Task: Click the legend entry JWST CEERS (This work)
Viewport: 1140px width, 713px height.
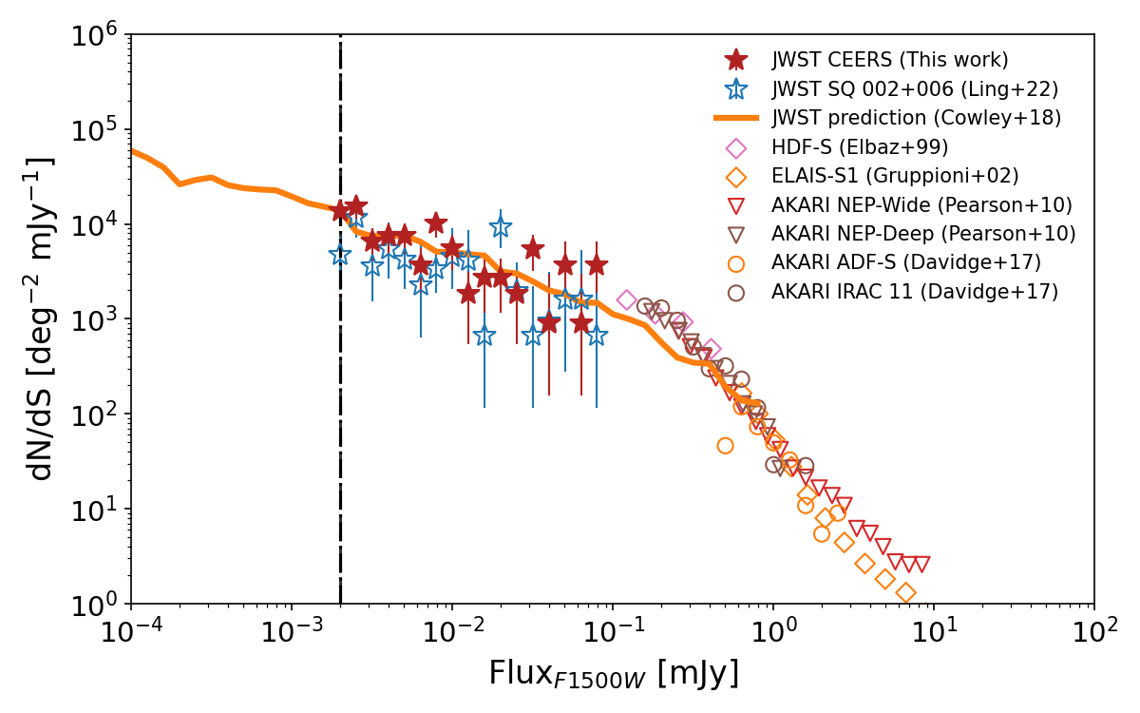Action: click(889, 60)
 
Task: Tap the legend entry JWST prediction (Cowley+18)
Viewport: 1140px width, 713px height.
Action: click(916, 119)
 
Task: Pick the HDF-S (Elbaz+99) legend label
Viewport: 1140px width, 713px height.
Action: click(860, 147)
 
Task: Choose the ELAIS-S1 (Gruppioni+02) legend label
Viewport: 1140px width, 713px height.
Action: click(895, 176)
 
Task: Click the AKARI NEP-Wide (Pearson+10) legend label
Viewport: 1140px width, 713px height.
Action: click(921, 205)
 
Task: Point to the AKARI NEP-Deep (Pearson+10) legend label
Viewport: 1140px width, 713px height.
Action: click(923, 234)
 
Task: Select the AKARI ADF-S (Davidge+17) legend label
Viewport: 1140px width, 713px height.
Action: click(906, 262)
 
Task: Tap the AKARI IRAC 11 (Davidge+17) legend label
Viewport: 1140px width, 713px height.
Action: click(915, 292)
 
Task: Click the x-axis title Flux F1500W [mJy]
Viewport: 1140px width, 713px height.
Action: click(613, 673)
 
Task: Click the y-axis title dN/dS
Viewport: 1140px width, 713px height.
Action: click(41, 318)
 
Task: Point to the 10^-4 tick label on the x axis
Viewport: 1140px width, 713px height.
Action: click(131, 630)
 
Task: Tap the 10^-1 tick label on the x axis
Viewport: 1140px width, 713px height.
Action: click(612, 630)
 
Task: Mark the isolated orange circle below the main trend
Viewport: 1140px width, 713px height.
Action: click(725, 446)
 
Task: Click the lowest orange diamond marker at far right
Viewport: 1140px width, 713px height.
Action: click(905, 593)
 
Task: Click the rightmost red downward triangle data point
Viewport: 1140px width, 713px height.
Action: click(921, 565)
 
